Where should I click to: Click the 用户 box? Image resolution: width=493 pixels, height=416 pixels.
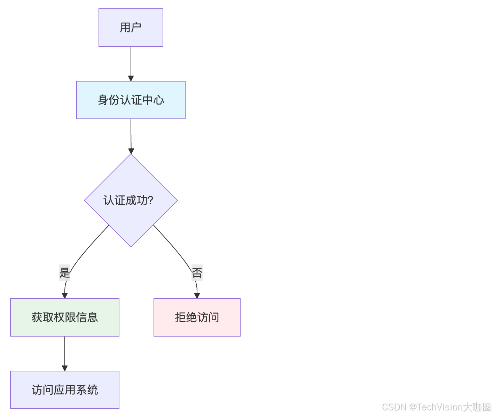coord(131,28)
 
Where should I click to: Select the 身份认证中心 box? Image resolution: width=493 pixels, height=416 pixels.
coord(131,100)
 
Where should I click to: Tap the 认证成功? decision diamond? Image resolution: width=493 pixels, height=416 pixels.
coord(131,200)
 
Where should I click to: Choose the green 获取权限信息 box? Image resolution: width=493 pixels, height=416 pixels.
coord(65,317)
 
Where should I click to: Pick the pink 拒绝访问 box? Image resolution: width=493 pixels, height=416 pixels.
coord(197,317)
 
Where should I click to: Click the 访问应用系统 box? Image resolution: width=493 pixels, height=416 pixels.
coord(65,390)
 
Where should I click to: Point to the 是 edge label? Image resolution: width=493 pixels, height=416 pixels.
coord(65,272)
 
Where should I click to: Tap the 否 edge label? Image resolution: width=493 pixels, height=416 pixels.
coord(197,272)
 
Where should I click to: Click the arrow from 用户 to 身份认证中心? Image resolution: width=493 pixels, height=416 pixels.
coord(131,63)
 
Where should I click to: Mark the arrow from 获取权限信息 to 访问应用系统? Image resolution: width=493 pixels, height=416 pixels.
coord(65,352)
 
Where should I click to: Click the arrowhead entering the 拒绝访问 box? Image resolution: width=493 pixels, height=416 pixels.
coord(197,296)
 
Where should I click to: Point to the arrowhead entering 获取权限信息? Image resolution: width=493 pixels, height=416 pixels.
coord(65,296)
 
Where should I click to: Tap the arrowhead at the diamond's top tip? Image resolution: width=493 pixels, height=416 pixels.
coord(131,151)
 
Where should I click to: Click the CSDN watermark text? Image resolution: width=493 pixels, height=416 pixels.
coord(394,407)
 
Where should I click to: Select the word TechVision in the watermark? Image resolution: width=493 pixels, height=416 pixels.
coord(440,407)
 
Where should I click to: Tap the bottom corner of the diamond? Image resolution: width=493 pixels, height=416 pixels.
coord(131,246)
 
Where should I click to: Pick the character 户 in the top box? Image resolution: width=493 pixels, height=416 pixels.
coord(136,28)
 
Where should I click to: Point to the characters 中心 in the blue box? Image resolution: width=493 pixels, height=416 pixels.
coord(153,100)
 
